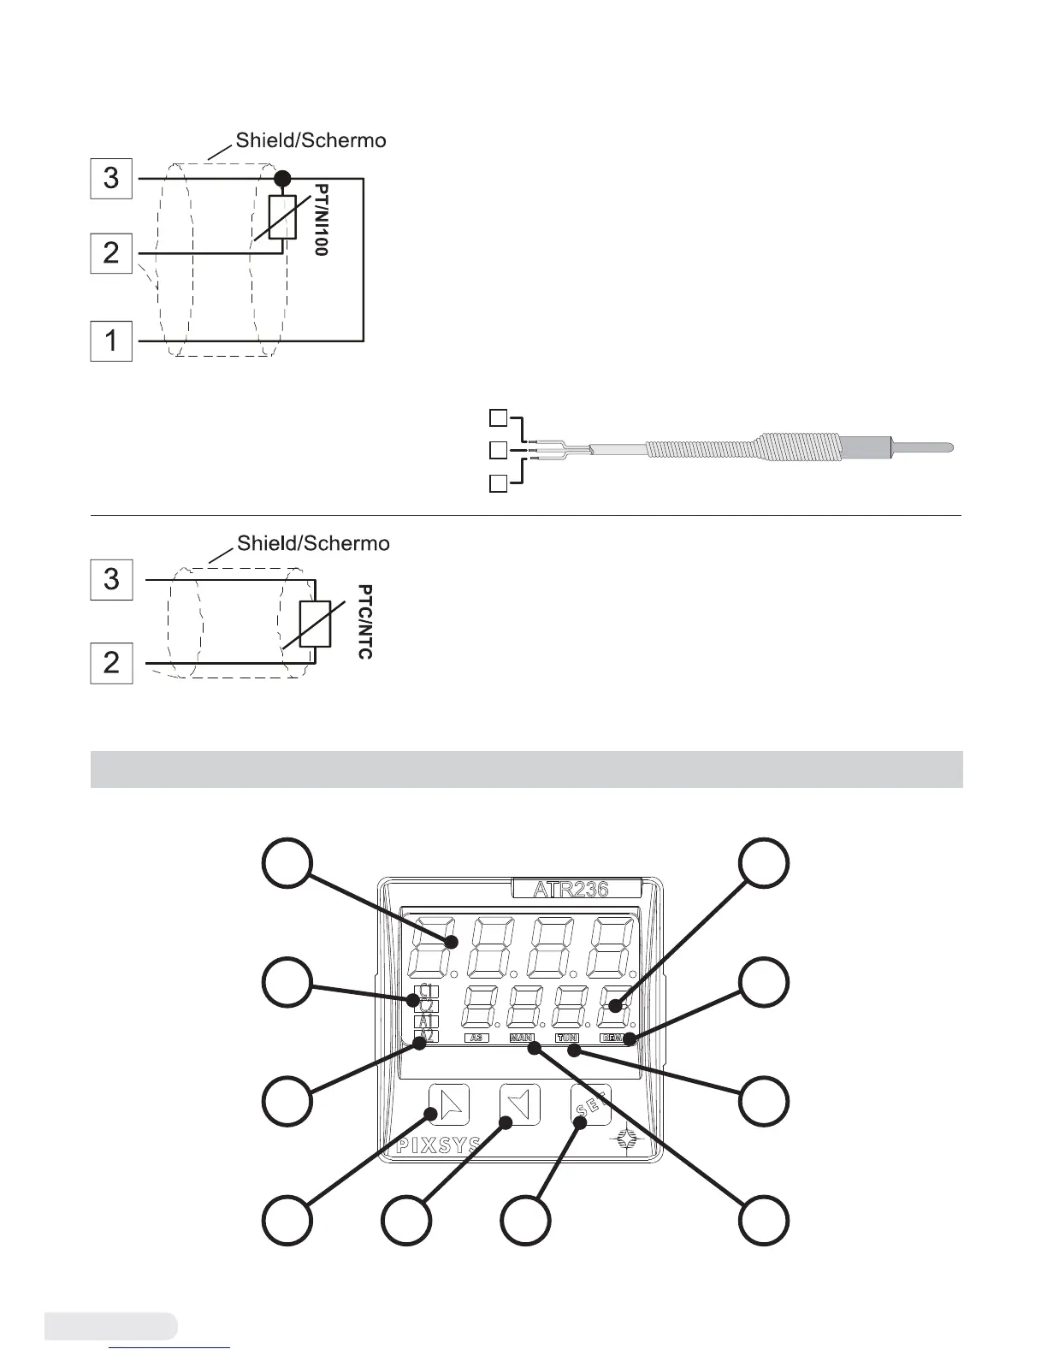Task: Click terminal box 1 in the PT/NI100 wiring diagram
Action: point(111,340)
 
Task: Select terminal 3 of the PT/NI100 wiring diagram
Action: point(111,178)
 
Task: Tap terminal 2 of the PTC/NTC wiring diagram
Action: point(111,663)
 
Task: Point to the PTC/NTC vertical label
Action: point(365,622)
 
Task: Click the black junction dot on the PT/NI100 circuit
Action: point(281,178)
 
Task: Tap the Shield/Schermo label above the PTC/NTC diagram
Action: point(313,543)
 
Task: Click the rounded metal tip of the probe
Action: point(925,447)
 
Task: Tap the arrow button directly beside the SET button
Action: point(519,1104)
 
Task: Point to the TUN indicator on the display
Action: point(567,1038)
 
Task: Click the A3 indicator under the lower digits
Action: point(476,1038)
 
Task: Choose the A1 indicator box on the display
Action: point(426,1021)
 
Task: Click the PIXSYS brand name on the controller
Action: point(438,1146)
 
